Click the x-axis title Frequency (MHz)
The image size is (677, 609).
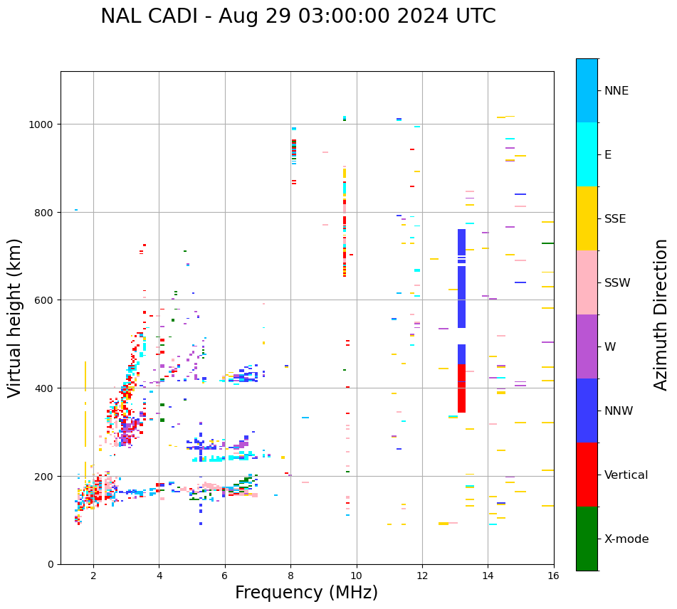click(x=306, y=593)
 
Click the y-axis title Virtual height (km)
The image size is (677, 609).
click(x=16, y=317)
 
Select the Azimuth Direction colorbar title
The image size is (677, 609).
click(x=661, y=314)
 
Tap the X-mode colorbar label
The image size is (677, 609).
click(x=626, y=539)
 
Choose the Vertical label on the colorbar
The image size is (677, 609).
click(x=626, y=475)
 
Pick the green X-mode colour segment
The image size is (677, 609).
click(x=587, y=539)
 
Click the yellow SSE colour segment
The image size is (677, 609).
click(x=587, y=218)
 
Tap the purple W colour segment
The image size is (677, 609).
click(x=587, y=346)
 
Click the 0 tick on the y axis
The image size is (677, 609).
click(x=51, y=564)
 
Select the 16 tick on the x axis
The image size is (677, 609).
click(x=553, y=577)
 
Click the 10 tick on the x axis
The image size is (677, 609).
click(x=356, y=577)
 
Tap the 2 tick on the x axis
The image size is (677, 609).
click(x=93, y=577)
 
